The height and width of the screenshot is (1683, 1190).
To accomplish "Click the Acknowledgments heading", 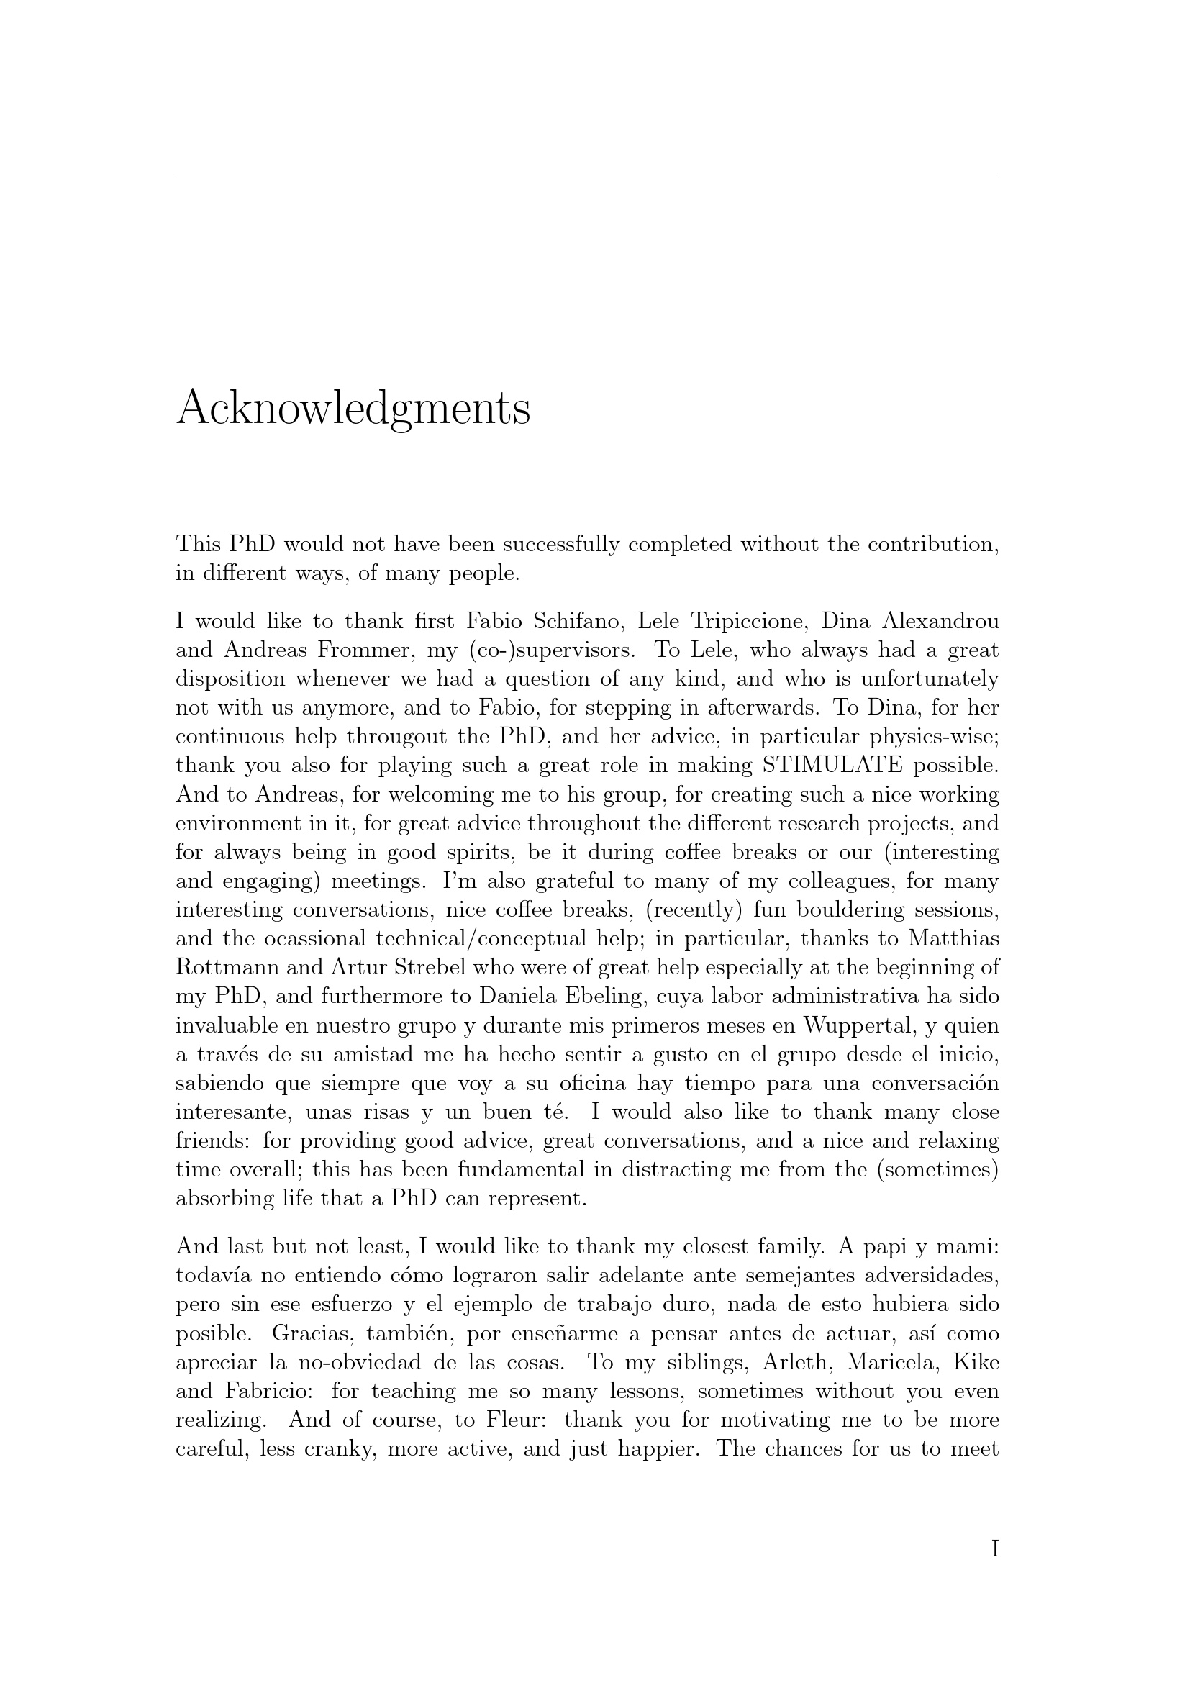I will coord(353,408).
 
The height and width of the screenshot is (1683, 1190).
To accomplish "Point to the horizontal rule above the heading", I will coord(587,178).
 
